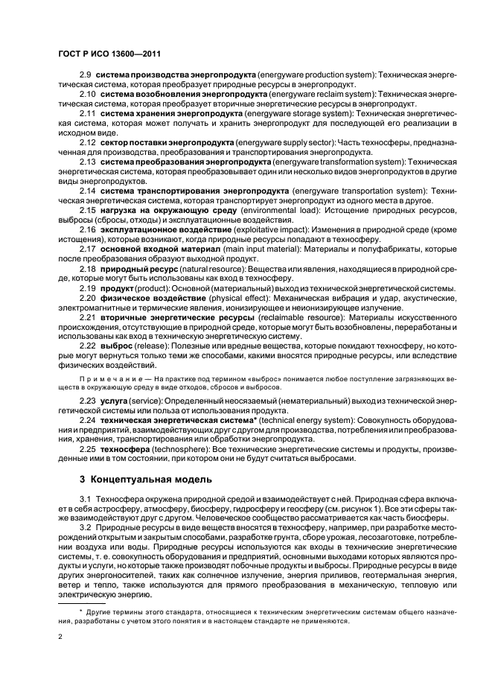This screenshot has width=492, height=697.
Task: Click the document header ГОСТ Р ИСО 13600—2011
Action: click(109, 55)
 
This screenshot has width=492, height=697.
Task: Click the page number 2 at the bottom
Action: click(60, 636)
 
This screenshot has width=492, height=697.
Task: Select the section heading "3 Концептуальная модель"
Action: click(141, 478)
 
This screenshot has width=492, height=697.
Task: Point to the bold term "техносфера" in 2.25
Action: click(126, 450)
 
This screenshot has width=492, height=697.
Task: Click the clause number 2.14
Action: click(87, 191)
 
